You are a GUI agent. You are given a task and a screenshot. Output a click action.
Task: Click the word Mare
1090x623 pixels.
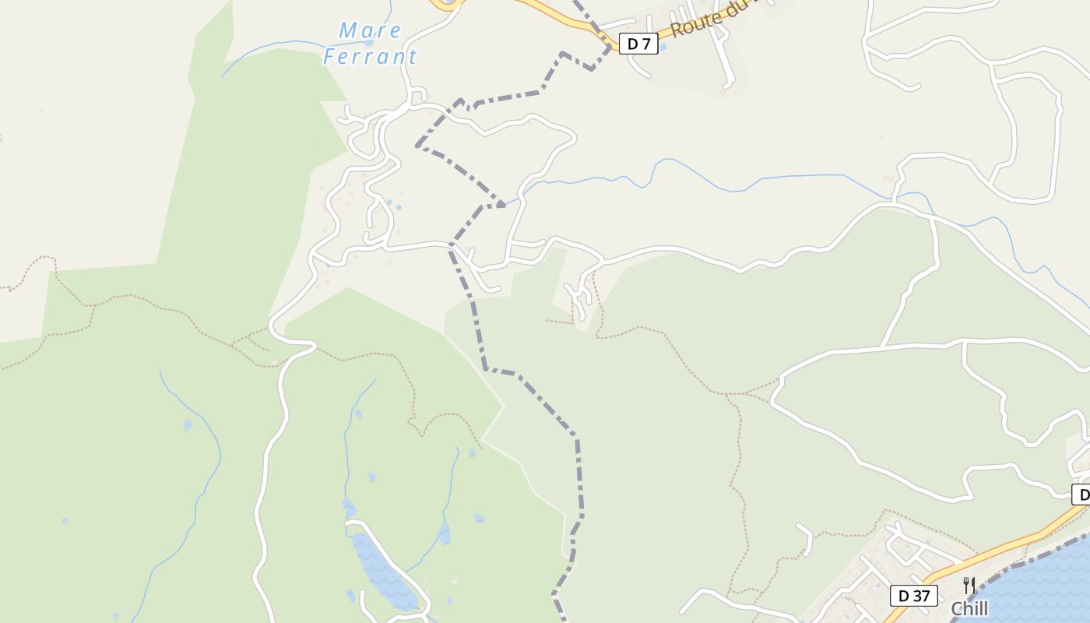[370, 31]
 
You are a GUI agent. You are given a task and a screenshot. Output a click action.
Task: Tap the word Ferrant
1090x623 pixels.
[370, 57]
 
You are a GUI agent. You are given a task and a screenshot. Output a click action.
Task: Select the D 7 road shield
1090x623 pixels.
[638, 44]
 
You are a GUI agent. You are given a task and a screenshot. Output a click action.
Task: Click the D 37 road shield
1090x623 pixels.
[914, 596]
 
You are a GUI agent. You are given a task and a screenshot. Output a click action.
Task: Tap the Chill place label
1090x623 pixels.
[969, 608]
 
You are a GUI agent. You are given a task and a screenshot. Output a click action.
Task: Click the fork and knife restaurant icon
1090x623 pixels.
[969, 585]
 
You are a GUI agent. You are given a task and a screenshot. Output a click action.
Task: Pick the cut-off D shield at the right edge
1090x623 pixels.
[1081, 494]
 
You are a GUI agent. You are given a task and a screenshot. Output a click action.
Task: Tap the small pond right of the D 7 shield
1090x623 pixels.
[663, 47]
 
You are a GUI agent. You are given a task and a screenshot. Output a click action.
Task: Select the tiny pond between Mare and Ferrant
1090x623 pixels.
[368, 43]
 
